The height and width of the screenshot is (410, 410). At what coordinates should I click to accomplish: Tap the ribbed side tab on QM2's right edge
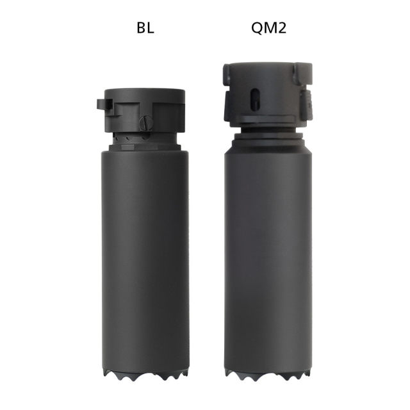pos(307,102)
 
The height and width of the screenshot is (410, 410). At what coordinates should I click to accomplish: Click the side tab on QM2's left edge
pos(226,102)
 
